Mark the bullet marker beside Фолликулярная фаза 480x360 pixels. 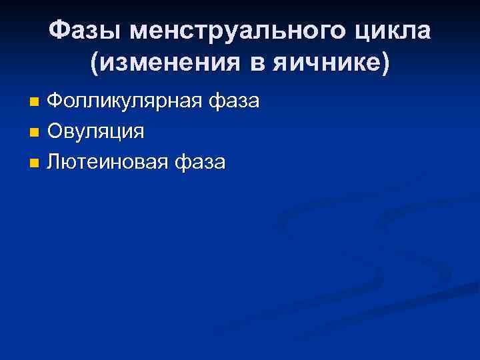pyautogui.click(x=35, y=103)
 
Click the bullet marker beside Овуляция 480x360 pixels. pyautogui.click(x=35, y=132)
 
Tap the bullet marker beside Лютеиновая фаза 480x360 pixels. pyautogui.click(x=35, y=162)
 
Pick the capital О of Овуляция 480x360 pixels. pyautogui.click(x=56, y=131)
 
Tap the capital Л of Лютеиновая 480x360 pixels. pyautogui.click(x=55, y=161)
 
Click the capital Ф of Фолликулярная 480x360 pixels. pyautogui.click(x=57, y=102)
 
